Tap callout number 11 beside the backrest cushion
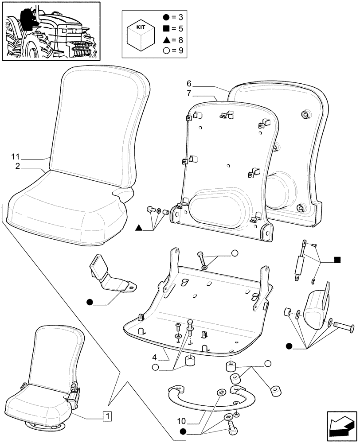tap(16, 157)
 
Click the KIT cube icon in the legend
tap(140, 34)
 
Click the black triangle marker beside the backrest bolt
tap(139, 228)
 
